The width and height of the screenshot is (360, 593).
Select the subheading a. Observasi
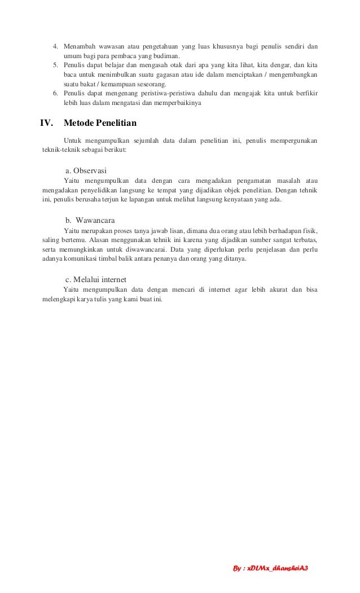87,170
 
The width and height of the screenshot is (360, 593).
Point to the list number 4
55,46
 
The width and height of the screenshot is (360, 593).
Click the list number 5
55,65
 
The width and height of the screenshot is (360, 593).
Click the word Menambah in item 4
80,46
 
